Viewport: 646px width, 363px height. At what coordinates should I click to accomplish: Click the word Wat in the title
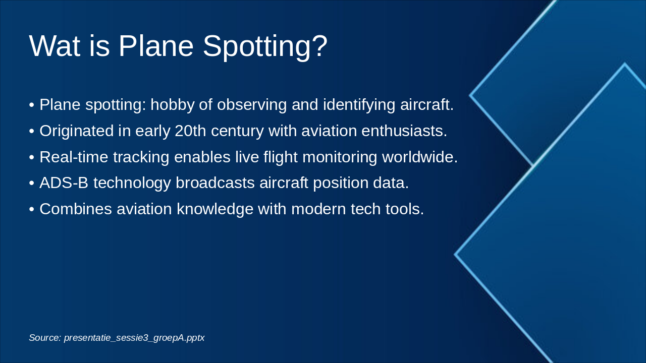(x=55, y=46)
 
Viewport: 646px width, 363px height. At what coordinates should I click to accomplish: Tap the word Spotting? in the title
(x=265, y=47)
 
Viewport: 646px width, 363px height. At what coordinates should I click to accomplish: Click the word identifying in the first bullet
(x=359, y=104)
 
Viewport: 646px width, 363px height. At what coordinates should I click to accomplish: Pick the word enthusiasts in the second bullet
(x=404, y=131)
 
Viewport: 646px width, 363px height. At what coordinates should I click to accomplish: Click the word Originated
(x=76, y=131)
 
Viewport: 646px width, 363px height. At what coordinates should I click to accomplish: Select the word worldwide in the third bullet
(x=419, y=157)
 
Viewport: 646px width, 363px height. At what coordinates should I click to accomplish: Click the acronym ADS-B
(x=64, y=183)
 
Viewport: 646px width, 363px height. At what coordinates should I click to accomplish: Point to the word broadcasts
(x=215, y=183)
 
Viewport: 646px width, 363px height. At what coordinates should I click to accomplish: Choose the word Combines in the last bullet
(x=76, y=209)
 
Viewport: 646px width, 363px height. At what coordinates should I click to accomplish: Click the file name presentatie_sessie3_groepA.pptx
(x=134, y=338)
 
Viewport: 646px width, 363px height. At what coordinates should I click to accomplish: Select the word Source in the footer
(x=45, y=338)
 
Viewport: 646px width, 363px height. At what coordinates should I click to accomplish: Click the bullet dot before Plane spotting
(x=32, y=105)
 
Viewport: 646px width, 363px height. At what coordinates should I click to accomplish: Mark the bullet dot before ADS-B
(x=32, y=184)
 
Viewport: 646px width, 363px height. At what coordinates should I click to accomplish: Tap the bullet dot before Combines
(x=32, y=209)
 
